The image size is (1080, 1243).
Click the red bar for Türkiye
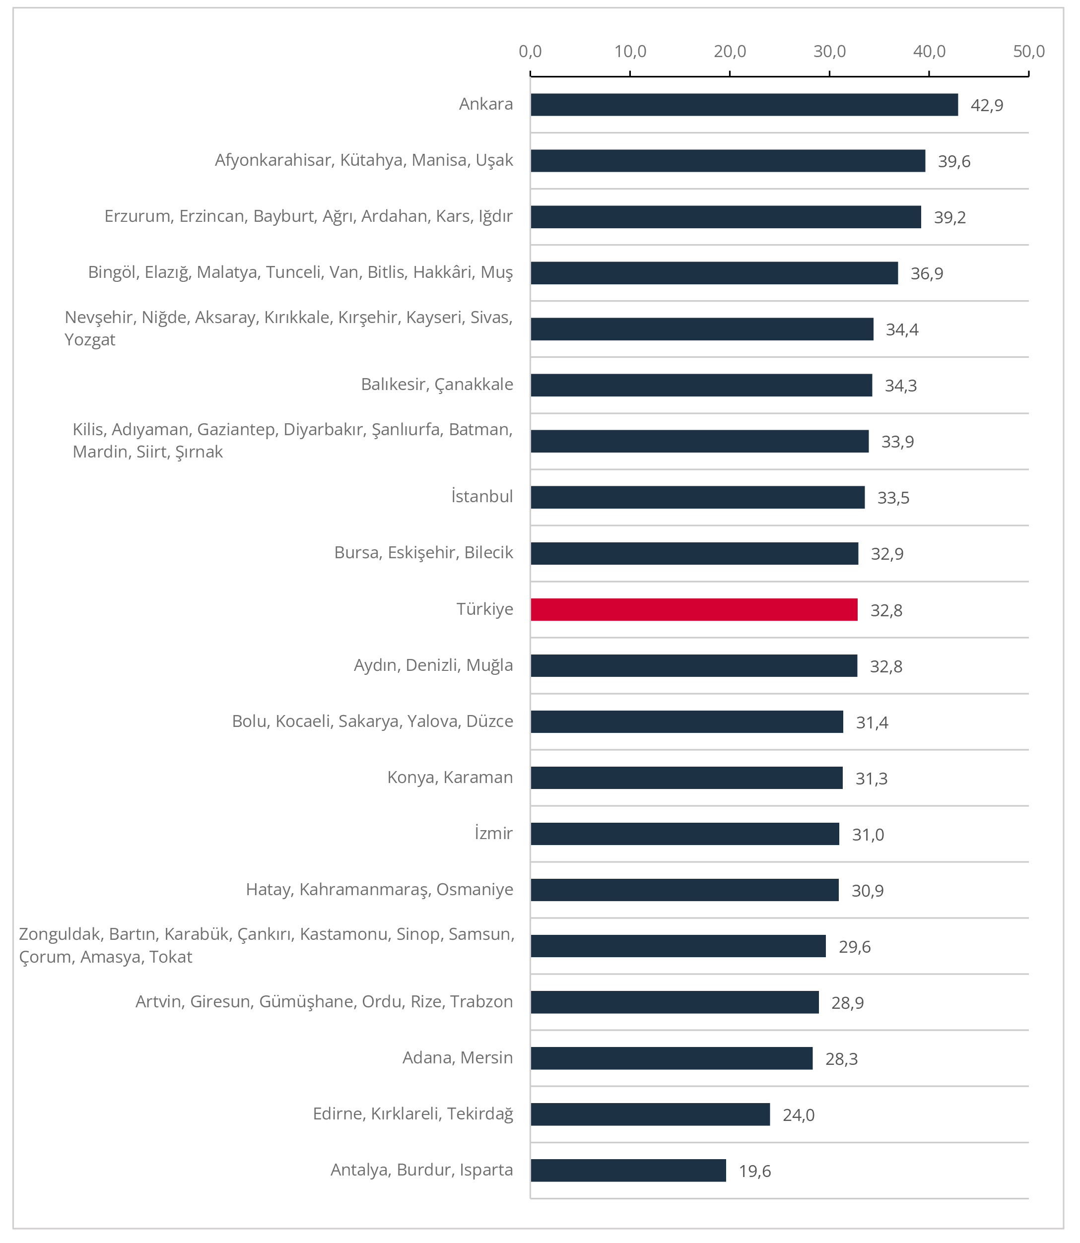[694, 610]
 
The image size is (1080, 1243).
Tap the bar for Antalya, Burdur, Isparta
[628, 1170]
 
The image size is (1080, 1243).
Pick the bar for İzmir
[684, 834]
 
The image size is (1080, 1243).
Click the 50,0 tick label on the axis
[1028, 52]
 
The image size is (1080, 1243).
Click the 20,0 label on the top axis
[729, 52]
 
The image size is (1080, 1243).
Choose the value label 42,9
[987, 105]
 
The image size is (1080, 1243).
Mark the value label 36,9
[926, 273]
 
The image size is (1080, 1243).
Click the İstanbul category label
[482, 497]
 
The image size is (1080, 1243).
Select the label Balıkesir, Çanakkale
[437, 385]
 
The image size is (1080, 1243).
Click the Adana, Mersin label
[458, 1057]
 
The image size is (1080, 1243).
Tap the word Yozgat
[90, 340]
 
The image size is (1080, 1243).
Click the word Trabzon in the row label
[481, 1001]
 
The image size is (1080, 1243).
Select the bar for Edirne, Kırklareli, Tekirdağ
[650, 1114]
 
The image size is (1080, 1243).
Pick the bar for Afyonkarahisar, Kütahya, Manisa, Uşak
[728, 161]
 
